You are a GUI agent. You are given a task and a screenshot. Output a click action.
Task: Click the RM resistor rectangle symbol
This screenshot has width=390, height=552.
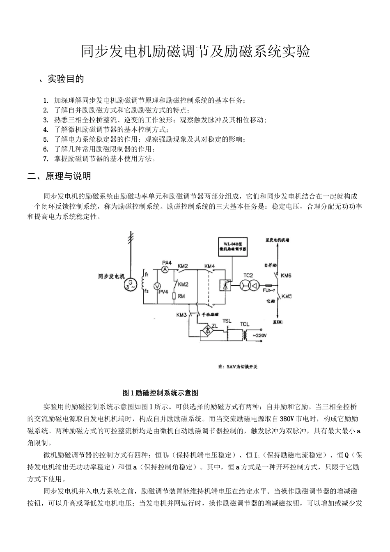coord(174,296)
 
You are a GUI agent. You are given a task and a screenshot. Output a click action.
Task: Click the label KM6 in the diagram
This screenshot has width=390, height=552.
coord(286,276)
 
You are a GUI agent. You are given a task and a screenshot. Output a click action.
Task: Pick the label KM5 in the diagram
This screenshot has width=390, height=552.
coord(286,297)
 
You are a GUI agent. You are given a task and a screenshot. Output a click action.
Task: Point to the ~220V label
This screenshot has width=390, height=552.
coord(260,336)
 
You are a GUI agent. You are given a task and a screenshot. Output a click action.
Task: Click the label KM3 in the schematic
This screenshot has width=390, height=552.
coord(182,315)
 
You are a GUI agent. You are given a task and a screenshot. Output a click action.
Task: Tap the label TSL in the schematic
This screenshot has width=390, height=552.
coord(227,321)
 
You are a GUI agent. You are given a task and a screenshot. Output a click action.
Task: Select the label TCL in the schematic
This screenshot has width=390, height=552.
coord(245,324)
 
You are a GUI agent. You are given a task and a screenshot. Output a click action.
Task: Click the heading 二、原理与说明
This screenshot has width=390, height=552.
coord(59,177)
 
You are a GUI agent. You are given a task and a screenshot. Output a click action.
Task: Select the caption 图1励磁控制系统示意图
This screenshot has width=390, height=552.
coord(161,393)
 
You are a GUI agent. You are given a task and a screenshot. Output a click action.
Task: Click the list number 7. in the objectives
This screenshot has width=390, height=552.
coord(46,159)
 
